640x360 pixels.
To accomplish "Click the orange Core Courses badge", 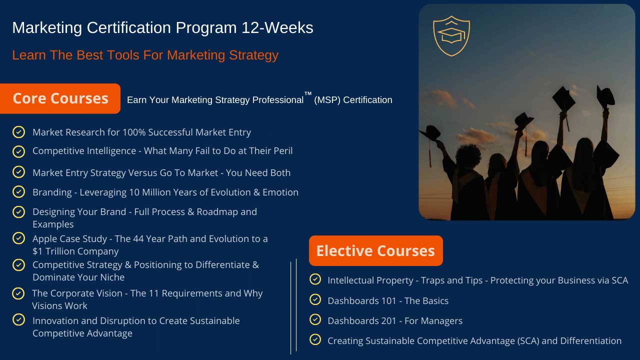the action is tap(60, 98).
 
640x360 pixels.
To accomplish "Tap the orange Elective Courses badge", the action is tap(375, 251).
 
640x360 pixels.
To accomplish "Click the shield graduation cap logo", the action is tap(451, 36).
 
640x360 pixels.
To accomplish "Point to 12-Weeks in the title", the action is tap(277, 27).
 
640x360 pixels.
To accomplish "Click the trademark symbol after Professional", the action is tap(308, 93).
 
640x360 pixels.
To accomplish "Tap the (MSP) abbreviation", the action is tap(327, 100).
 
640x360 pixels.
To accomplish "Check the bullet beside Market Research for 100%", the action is tap(19, 132).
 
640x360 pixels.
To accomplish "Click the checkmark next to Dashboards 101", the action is tap(315, 299).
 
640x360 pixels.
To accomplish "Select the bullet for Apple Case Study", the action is tap(19, 238).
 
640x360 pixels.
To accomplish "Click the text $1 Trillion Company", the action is tap(75, 251).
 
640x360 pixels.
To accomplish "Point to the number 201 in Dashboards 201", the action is tap(388, 321).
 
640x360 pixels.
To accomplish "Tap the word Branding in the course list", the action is tap(52, 192).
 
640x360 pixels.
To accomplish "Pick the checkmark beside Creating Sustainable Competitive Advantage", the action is tap(315, 339).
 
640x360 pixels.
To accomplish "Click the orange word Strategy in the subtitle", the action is tap(253, 55).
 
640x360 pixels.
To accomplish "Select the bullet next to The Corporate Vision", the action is tap(18, 293).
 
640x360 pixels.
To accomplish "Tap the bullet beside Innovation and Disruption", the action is tap(19, 319).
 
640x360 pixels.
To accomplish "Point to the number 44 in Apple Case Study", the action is tap(138, 239).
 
